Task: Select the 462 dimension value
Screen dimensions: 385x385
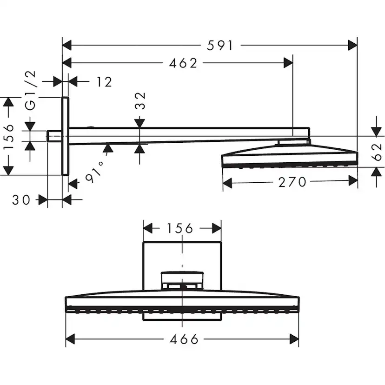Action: [x=183, y=63]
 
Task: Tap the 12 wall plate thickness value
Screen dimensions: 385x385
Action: [x=105, y=82]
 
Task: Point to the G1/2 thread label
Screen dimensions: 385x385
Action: [x=30, y=91]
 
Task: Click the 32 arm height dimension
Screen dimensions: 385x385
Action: [x=140, y=100]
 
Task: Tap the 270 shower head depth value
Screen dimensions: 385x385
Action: [x=292, y=182]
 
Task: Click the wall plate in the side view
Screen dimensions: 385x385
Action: [x=65, y=136]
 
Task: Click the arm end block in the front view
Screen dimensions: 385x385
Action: [x=182, y=279]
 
